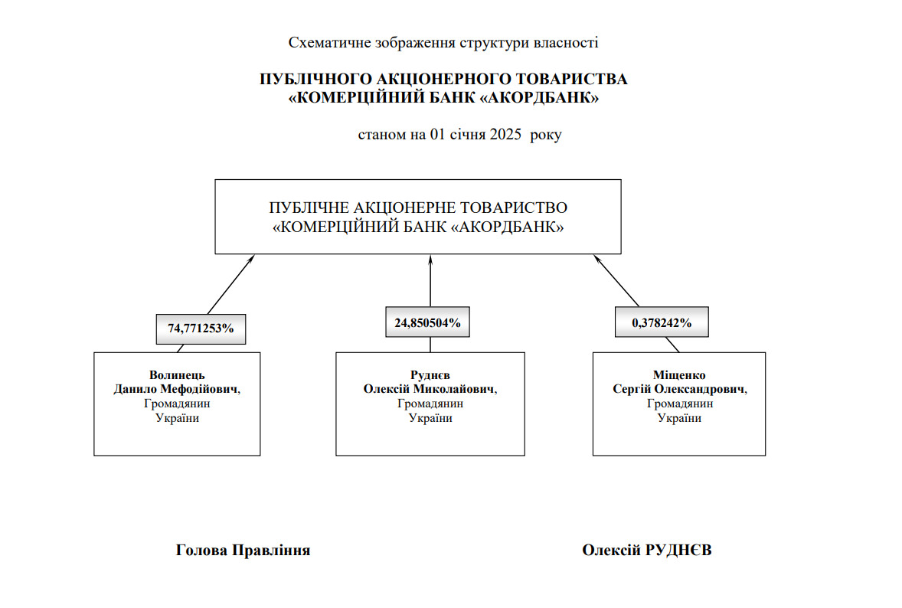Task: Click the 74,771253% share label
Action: (201, 328)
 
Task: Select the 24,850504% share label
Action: (427, 322)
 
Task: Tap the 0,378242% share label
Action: (662, 322)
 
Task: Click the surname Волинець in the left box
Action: (177, 375)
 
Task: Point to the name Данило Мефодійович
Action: (176, 389)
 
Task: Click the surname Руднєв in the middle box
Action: (430, 375)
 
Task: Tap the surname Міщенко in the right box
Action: (679, 375)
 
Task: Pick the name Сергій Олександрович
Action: (678, 389)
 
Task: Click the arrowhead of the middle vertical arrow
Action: (430, 260)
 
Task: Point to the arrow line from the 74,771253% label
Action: (228, 285)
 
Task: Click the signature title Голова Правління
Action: (243, 550)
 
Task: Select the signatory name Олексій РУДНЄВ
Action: (647, 550)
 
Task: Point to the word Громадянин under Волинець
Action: (177, 404)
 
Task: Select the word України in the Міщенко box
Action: (679, 418)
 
